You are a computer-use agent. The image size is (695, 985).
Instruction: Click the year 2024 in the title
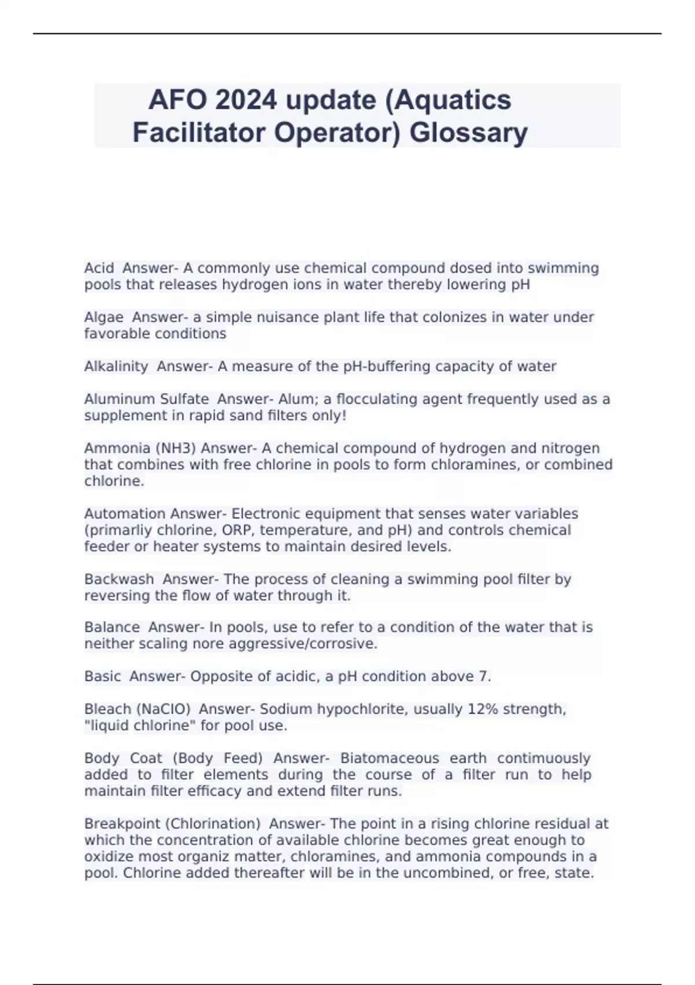tap(246, 100)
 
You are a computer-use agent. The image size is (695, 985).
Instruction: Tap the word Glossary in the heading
tap(469, 133)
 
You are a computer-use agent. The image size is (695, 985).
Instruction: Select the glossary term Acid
tap(99, 268)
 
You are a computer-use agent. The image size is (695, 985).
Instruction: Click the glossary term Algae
tap(104, 318)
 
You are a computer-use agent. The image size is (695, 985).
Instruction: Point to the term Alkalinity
tap(116, 367)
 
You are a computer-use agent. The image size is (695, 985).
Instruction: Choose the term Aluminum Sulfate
tap(146, 399)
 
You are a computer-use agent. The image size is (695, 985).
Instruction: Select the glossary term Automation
tap(125, 514)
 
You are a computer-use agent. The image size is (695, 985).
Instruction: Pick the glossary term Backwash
tap(119, 579)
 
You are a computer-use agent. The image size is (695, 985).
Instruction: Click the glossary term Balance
tap(112, 628)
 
